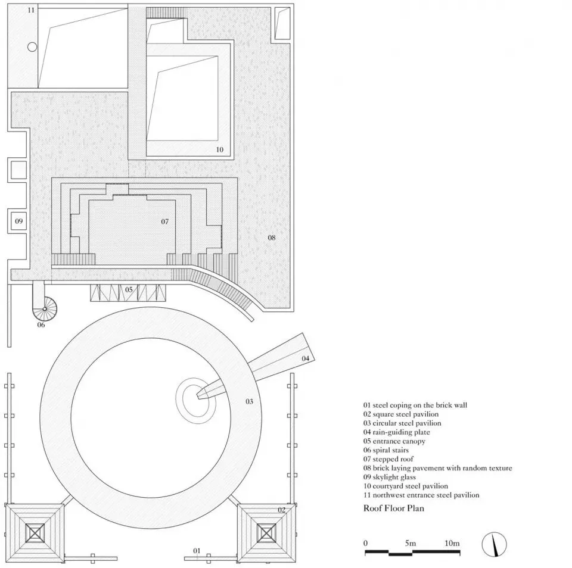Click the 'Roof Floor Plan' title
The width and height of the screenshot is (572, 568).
click(394, 508)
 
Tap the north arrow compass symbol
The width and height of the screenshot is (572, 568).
click(494, 545)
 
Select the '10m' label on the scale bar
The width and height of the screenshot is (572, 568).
click(452, 543)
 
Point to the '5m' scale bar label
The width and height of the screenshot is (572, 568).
click(410, 543)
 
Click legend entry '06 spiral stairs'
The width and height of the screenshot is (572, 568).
click(386, 450)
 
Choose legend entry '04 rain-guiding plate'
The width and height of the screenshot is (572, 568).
click(397, 432)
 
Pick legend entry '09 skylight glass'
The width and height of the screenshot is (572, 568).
click(389, 478)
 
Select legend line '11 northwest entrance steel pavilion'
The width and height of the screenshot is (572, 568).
click(421, 495)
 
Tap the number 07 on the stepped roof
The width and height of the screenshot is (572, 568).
click(165, 221)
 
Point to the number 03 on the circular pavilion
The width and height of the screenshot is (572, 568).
click(249, 401)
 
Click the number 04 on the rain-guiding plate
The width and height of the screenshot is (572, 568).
click(305, 358)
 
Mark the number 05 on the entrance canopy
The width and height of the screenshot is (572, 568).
click(129, 289)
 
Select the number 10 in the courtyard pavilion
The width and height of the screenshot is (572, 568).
click(220, 149)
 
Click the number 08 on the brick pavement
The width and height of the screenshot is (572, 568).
click(272, 238)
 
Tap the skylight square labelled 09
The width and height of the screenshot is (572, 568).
click(18, 221)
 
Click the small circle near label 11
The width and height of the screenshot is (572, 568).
click(32, 46)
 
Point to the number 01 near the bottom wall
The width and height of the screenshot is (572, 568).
click(197, 551)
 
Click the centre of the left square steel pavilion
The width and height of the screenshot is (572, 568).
click(35, 533)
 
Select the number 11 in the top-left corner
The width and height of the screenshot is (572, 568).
click(31, 10)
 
